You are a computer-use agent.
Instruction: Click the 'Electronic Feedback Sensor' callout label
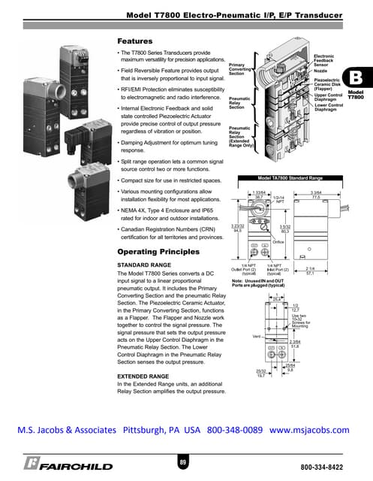click(x=325, y=61)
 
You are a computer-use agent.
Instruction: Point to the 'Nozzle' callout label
click(x=320, y=72)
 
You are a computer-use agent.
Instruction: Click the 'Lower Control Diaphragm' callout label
click(x=328, y=109)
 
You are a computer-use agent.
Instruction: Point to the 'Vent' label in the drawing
click(x=256, y=336)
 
